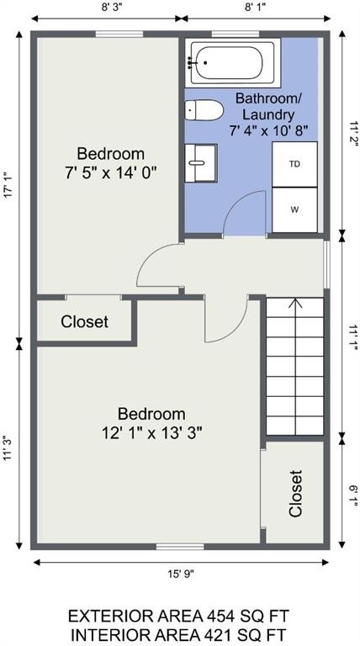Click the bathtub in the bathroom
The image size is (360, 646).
[233, 62]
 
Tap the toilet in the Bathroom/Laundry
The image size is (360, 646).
[204, 110]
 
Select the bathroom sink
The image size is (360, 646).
[200, 162]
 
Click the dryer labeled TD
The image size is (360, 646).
[294, 164]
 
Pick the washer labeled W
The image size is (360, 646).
[294, 209]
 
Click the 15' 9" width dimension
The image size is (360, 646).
[181, 574]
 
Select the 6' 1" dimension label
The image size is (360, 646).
[352, 490]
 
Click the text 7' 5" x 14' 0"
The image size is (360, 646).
[111, 172]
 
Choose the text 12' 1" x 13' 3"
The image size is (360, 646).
[152, 432]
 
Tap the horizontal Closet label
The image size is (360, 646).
[84, 321]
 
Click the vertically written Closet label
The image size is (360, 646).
[296, 494]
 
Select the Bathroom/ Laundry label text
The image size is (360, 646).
[269, 106]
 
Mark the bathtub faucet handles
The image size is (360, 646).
[190, 62]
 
